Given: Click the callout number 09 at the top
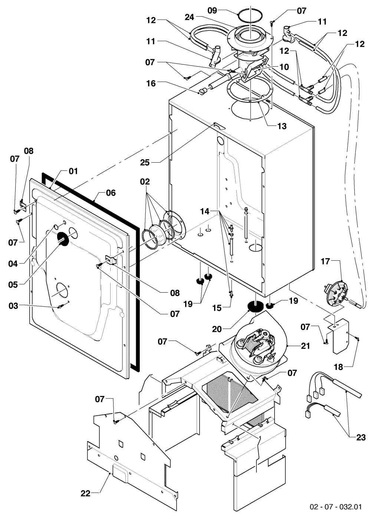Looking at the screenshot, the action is pos(212,10).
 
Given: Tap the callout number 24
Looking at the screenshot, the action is pos(190,17).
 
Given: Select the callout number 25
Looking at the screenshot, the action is pos(145,163).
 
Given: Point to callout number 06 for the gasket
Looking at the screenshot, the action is pos(111,193).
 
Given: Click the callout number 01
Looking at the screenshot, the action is pos(73,171).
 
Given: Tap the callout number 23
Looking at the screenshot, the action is pos(361,437).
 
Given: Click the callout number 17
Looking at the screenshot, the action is pos(325,262).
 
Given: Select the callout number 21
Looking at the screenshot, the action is pos(305,346).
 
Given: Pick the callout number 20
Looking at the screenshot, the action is pos(217,329).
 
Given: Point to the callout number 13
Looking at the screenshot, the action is pos(282,126).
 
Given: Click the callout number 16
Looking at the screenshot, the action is pos(151,83).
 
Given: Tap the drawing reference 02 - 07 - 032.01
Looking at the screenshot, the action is pos(336,507).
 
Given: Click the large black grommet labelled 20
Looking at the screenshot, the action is pos(255,306).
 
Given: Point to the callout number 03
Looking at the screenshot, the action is pos(13,306).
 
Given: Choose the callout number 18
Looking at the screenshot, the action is pos(339,367).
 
